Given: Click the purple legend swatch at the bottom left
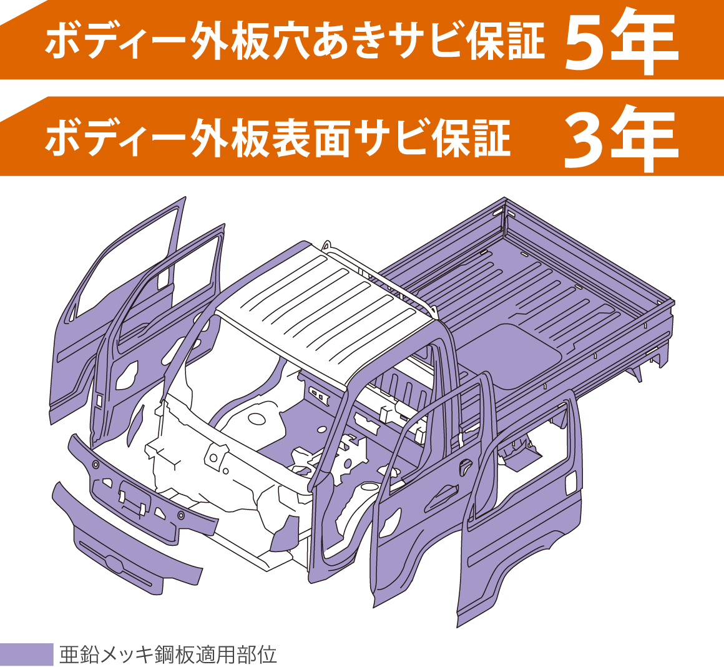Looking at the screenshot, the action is [26, 654].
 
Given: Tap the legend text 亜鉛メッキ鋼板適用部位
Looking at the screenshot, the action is [168, 655].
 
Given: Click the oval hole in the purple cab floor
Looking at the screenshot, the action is [257, 418].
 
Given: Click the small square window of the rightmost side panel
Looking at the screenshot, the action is [571, 482].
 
